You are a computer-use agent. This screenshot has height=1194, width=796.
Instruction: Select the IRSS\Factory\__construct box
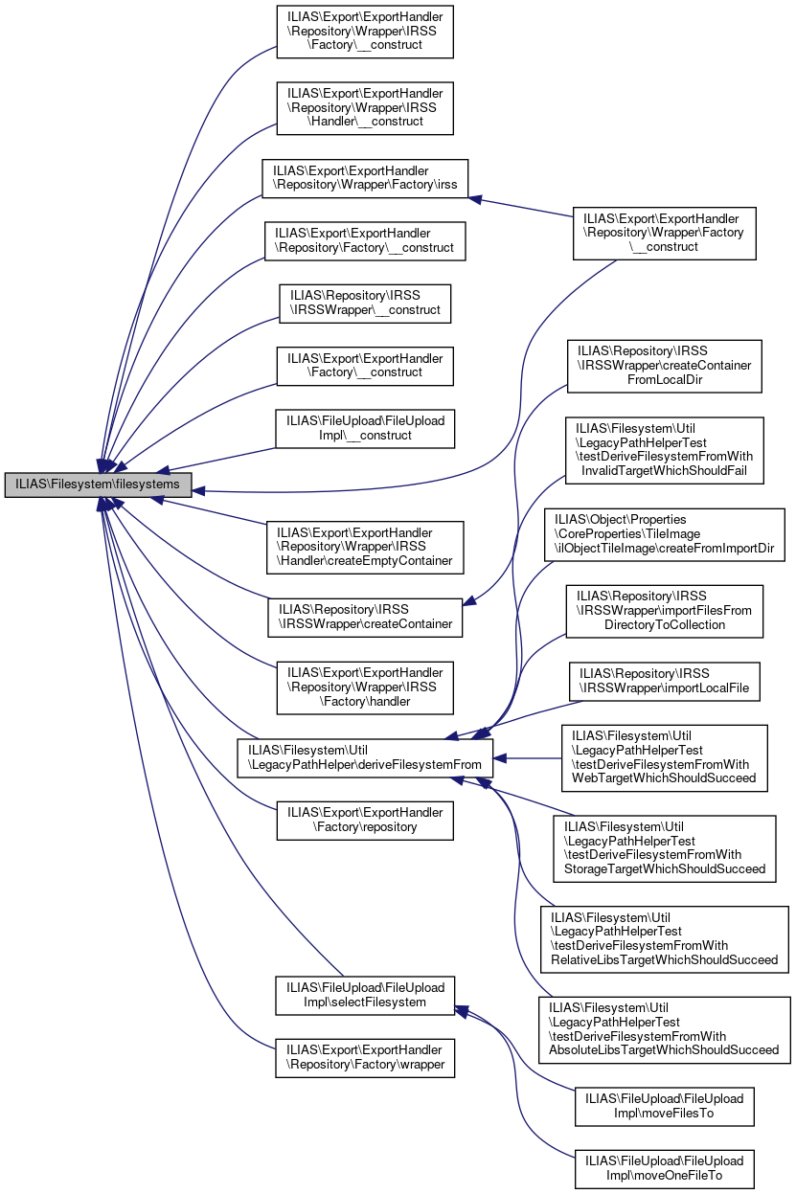pyautogui.click(x=364, y=31)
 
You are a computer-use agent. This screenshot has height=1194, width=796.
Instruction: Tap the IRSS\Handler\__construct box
pyautogui.click(x=364, y=107)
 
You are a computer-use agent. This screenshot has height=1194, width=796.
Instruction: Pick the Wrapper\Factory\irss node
pyautogui.click(x=365, y=179)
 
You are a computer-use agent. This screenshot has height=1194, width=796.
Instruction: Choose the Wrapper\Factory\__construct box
pyautogui.click(x=664, y=233)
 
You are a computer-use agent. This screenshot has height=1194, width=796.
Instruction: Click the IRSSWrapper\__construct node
pyautogui.click(x=364, y=304)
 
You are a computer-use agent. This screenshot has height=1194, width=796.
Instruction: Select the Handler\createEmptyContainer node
pyautogui.click(x=365, y=547)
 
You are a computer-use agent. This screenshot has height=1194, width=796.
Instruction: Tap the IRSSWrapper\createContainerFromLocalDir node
pyautogui.click(x=664, y=366)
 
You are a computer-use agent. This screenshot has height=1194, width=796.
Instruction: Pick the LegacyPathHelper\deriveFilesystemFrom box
pyautogui.click(x=365, y=757)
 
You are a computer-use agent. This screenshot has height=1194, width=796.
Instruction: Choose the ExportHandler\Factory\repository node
pyautogui.click(x=364, y=820)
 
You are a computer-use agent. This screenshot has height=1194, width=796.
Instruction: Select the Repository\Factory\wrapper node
pyautogui.click(x=364, y=1058)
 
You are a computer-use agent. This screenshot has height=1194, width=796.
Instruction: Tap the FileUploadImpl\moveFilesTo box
pyautogui.click(x=664, y=1106)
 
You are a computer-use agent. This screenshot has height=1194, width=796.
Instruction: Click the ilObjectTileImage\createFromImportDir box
pyautogui.click(x=664, y=535)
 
